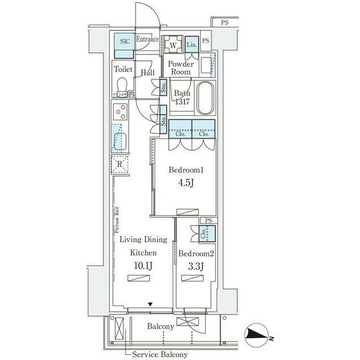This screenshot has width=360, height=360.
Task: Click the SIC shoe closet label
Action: (125, 42)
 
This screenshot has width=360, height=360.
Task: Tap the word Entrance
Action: (147, 39)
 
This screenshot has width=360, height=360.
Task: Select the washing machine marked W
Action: (173, 44)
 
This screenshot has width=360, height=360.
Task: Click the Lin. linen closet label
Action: (192, 44)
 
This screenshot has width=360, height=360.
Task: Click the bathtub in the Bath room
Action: (205, 98)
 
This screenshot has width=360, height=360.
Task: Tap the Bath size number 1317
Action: (182, 101)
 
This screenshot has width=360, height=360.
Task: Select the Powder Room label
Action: (181, 67)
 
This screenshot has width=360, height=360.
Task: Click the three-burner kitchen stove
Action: (120, 112)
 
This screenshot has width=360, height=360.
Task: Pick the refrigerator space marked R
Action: (120, 164)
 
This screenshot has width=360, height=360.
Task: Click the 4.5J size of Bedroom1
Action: (186, 183)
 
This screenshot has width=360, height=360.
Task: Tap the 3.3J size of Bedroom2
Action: (196, 267)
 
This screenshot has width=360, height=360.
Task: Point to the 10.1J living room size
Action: (143, 266)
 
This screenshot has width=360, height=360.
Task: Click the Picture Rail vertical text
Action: (117, 220)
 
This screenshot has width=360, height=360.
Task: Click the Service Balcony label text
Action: (160, 354)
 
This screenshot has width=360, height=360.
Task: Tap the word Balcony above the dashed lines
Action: (160, 326)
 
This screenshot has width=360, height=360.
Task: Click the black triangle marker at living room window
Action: (150, 304)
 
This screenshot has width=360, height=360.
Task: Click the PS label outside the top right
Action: (225, 22)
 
